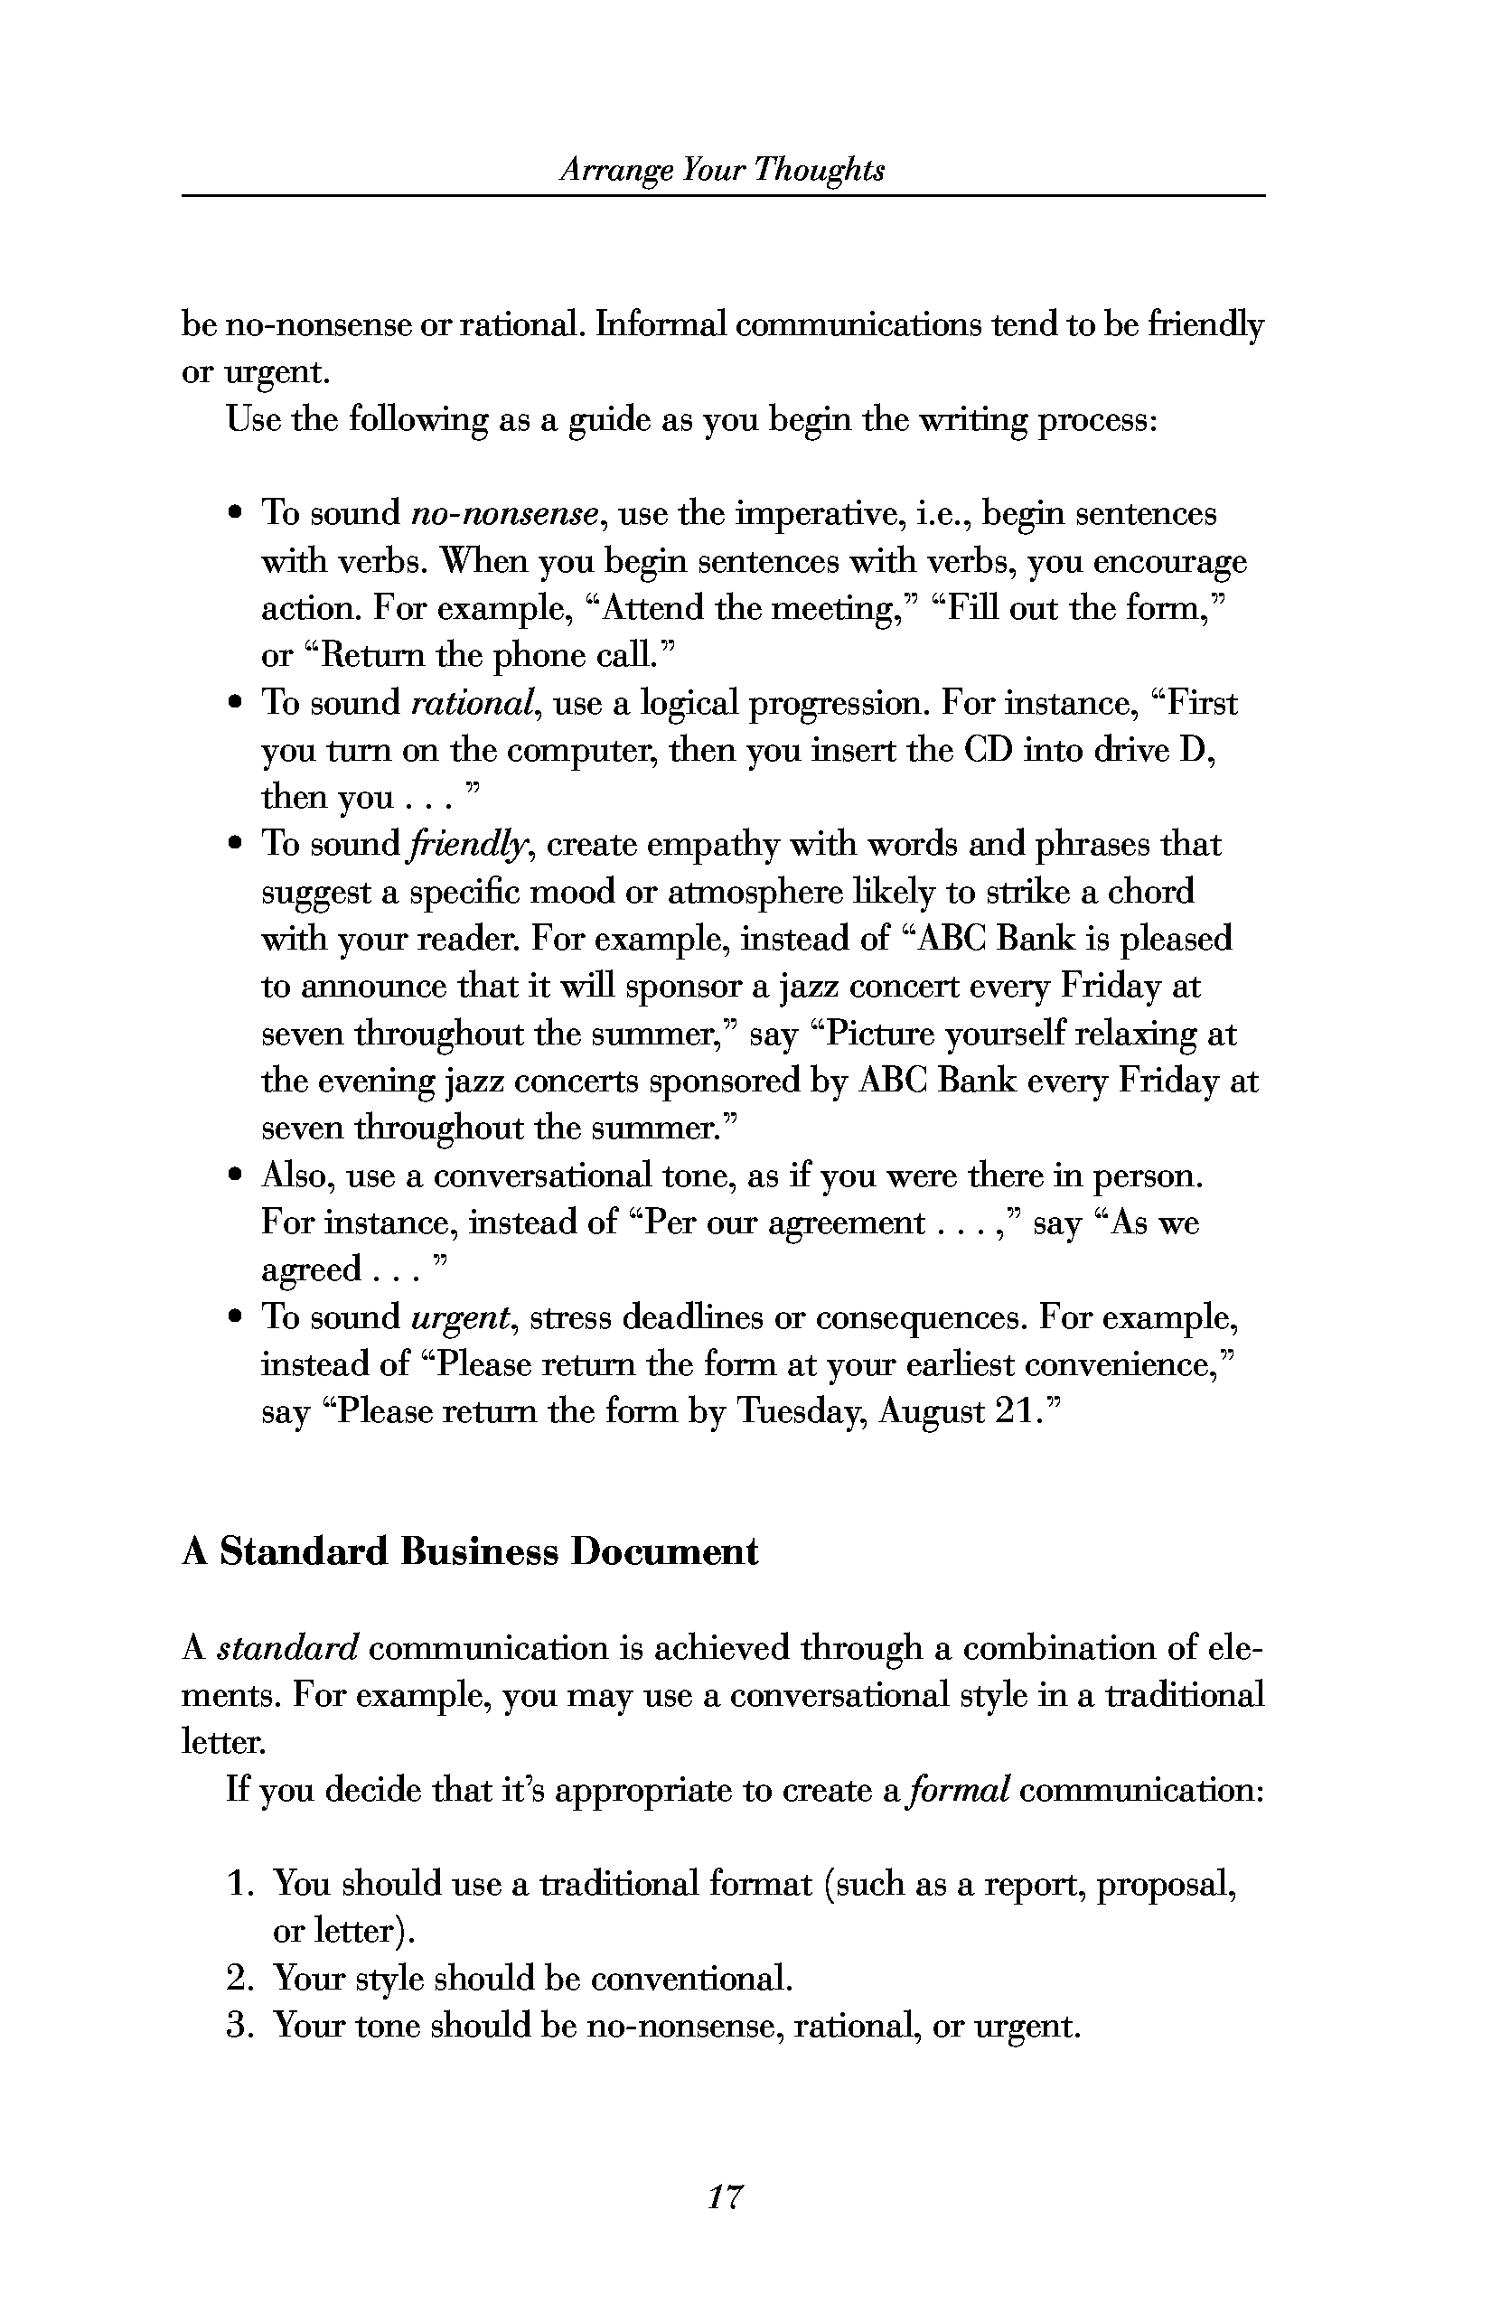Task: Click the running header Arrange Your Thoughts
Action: pos(722,172)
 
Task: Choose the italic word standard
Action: pos(288,1648)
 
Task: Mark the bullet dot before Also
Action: pos(235,1176)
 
